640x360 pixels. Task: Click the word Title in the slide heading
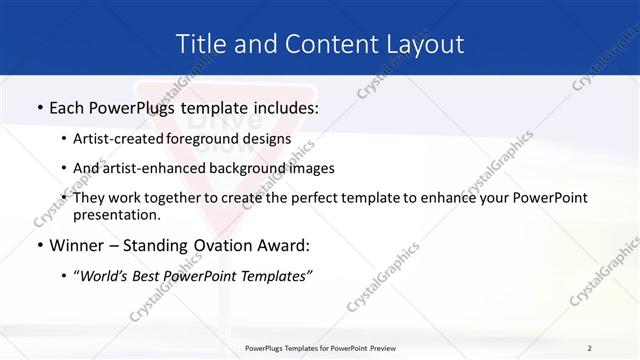pos(199,44)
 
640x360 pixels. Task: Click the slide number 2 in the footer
pos(589,347)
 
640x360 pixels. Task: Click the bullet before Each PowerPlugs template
pos(38,106)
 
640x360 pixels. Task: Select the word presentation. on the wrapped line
pos(117,214)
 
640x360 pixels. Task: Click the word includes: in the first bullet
pos(283,106)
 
